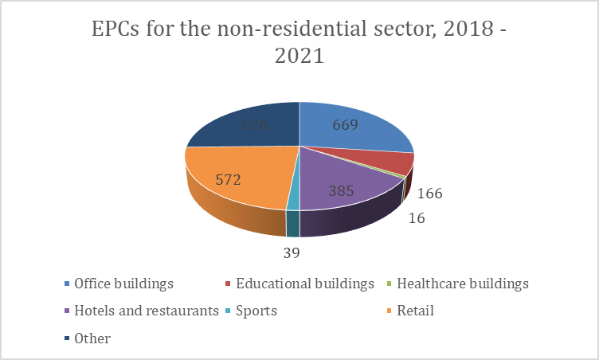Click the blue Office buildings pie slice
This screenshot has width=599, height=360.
click(358, 135)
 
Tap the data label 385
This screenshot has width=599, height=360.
click(345, 191)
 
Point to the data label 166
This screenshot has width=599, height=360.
click(429, 194)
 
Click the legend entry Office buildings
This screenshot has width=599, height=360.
click(123, 284)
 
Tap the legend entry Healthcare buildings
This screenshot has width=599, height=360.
click(462, 284)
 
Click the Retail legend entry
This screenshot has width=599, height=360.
click(415, 311)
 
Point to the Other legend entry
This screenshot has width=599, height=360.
click(92, 338)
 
